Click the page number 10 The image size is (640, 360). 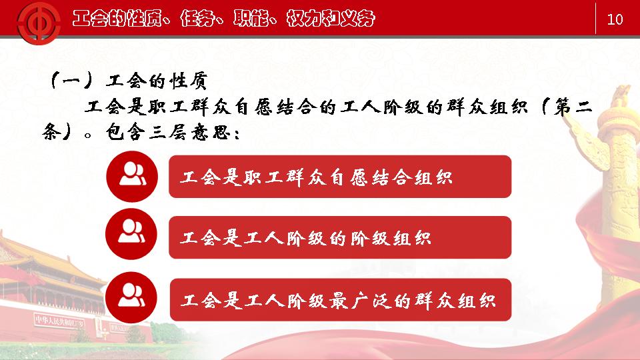[615, 19]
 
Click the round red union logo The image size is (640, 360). [39, 23]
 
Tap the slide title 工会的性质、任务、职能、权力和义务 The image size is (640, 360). [224, 18]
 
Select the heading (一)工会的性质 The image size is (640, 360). [128, 81]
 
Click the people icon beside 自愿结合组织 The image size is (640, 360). [132, 176]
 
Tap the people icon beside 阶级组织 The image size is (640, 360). [131, 234]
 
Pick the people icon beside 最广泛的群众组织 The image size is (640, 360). [131, 297]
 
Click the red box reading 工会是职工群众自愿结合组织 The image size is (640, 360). [340, 176]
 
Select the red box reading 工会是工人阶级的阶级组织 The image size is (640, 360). [340, 237]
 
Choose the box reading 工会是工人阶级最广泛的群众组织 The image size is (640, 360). [341, 300]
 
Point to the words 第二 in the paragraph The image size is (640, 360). [573, 107]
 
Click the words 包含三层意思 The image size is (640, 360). [167, 132]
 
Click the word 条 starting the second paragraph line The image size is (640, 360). [51, 132]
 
